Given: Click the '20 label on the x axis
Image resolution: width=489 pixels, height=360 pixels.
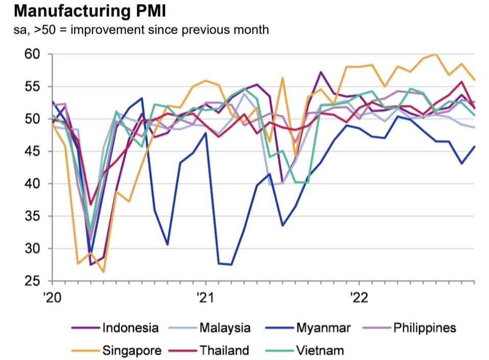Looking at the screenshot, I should click(52, 298).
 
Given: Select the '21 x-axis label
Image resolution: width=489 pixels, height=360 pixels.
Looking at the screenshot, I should click(205, 298).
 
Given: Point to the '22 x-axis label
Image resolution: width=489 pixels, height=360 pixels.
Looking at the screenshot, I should click(359, 298).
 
